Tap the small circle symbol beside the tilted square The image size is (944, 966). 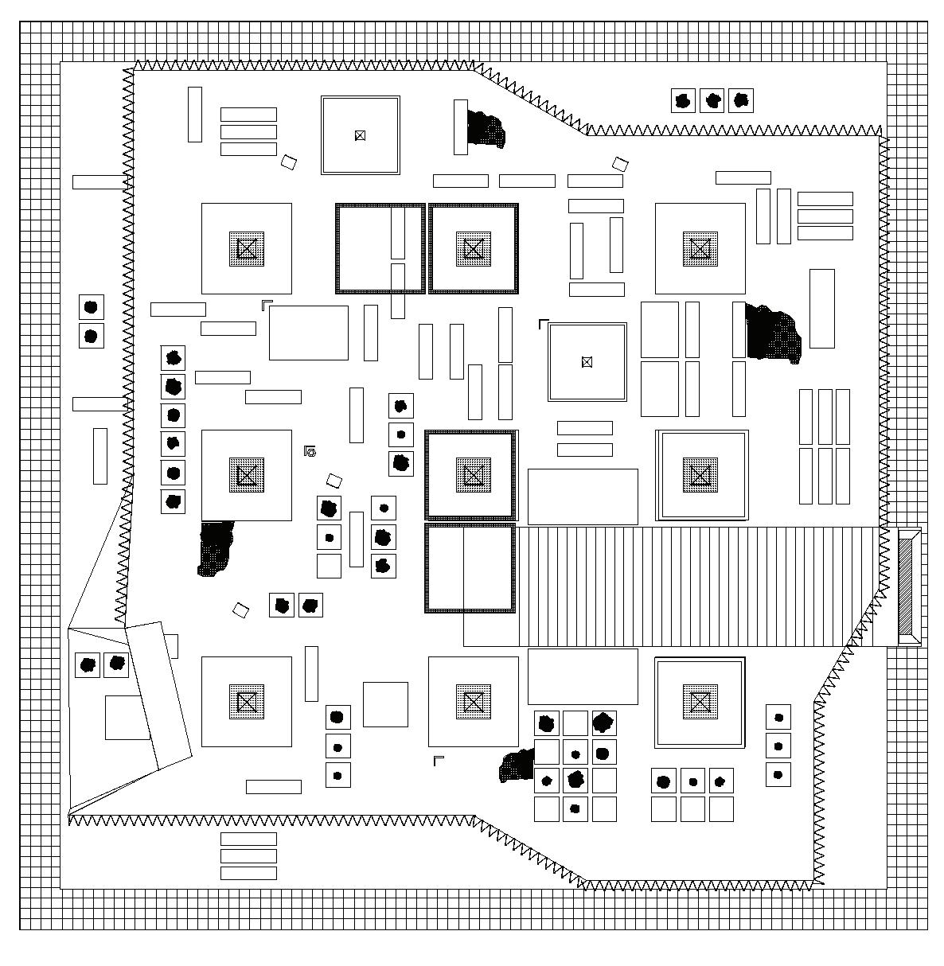[311, 452]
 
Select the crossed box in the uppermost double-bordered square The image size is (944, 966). [360, 135]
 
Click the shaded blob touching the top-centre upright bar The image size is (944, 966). [486, 128]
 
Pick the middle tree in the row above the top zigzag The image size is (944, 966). [712, 100]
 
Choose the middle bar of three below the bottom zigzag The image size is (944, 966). [248, 856]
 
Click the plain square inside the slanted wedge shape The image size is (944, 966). [127, 717]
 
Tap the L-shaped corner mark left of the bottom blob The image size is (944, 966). [437, 761]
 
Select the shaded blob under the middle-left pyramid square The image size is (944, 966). [216, 547]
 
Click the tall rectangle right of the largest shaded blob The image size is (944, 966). [821, 308]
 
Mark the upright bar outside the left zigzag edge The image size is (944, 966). [99, 456]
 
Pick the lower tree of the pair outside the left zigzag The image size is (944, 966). [91, 336]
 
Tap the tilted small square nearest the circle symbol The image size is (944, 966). [334, 481]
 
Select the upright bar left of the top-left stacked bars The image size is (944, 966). [195, 115]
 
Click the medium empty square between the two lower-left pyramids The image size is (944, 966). [385, 704]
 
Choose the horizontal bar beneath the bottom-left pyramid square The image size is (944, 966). [273, 787]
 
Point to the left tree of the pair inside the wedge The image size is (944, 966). [88, 664]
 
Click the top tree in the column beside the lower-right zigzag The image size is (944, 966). [778, 718]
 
